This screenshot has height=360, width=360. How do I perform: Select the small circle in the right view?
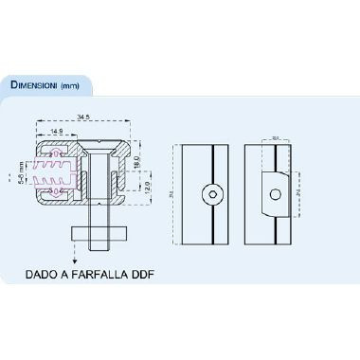point(276,193)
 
